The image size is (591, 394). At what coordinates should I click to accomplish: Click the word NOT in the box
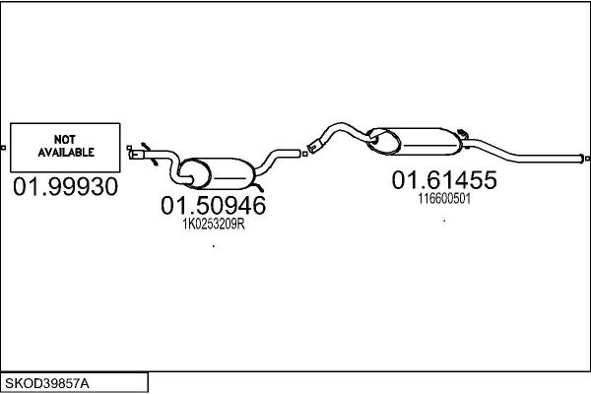65,140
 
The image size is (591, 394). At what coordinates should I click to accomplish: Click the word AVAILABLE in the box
65,153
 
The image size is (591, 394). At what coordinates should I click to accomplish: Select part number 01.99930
65,187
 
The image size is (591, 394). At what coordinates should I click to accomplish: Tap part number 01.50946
213,206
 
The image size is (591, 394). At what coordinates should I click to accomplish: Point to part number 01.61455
444,180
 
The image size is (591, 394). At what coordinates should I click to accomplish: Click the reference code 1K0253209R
213,224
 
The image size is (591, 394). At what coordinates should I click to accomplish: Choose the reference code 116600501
444,198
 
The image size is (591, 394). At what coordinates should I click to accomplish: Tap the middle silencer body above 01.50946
223,172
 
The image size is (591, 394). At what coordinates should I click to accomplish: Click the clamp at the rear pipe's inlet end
313,148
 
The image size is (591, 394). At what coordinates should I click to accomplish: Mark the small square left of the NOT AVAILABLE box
4,148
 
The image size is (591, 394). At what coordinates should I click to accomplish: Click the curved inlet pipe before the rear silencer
340,131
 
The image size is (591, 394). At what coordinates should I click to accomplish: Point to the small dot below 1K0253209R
213,245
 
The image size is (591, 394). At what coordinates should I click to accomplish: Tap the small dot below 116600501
444,221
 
